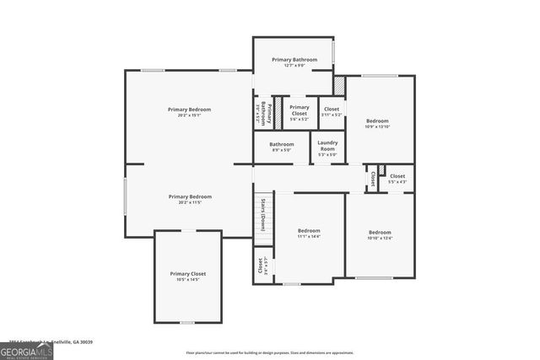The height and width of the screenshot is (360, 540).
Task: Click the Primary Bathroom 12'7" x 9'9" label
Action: pyautogui.click(x=294, y=62)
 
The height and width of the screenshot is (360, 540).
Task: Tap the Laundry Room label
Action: pyautogui.click(x=327, y=148)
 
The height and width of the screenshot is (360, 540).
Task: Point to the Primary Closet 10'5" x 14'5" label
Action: pyautogui.click(x=187, y=277)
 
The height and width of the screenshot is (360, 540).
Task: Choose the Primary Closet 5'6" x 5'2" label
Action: pyautogui.click(x=300, y=112)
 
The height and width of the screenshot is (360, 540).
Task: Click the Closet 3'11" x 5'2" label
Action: pyautogui.click(x=332, y=111)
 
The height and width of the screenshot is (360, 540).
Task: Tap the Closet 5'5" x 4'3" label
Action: pyautogui.click(x=397, y=179)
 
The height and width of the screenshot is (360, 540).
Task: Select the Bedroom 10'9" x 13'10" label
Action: pyautogui.click(x=376, y=123)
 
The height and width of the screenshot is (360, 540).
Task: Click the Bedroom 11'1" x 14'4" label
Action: pyautogui.click(x=309, y=234)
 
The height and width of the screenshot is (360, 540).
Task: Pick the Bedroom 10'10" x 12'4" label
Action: pyautogui.click(x=380, y=235)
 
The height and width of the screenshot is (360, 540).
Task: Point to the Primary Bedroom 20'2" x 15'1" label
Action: pyautogui.click(x=189, y=112)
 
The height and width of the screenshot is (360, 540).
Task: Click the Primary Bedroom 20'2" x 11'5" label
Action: pyautogui.click(x=189, y=199)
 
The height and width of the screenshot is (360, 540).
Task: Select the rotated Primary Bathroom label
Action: pyautogui.click(x=262, y=113)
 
